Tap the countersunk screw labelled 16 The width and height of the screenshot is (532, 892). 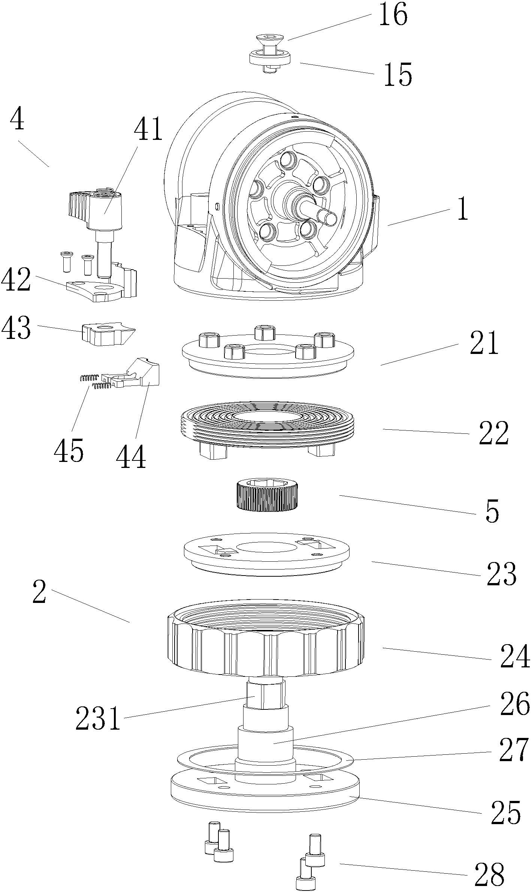(x=270, y=44)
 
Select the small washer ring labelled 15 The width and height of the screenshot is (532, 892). (x=270, y=58)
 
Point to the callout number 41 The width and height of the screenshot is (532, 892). (x=149, y=129)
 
